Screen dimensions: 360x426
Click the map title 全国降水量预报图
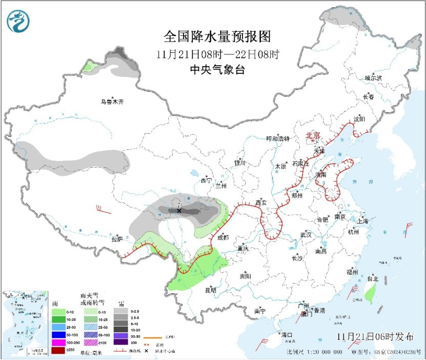point(216,37)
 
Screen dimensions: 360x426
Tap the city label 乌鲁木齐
point(112,102)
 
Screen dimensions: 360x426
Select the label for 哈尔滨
point(373,78)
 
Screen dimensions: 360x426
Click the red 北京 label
point(313,135)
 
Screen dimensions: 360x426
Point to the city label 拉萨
point(117,238)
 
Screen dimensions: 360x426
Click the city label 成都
point(224,237)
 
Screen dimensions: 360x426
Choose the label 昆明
point(210,290)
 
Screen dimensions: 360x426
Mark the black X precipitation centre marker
point(179,211)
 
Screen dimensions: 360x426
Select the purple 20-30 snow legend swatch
point(121,334)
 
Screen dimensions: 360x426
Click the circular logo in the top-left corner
point(18,21)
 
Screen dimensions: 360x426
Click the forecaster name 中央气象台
point(217,70)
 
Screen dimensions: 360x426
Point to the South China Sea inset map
point(25,323)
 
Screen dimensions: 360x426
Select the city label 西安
point(261,203)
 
